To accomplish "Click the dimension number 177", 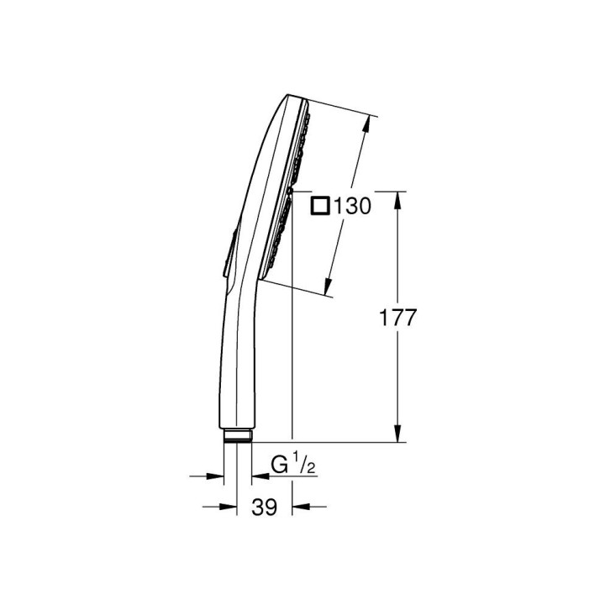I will (x=397, y=318).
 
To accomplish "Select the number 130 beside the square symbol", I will (x=352, y=206).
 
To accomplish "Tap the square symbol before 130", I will (x=320, y=206).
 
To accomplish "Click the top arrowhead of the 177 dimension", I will (x=398, y=199).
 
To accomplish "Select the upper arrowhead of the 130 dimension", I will (x=366, y=124).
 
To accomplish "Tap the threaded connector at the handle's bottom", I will (x=237, y=436).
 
